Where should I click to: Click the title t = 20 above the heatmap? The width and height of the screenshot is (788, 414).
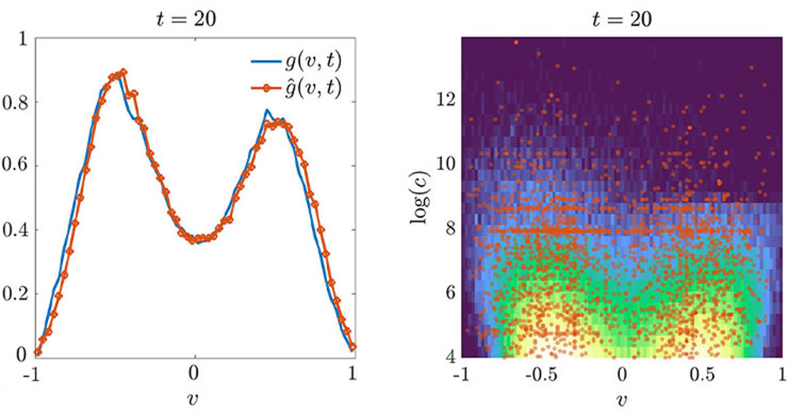coord(622,20)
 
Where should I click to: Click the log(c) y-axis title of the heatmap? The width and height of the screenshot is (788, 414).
coord(418,197)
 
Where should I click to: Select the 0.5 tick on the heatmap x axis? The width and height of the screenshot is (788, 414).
coord(701,374)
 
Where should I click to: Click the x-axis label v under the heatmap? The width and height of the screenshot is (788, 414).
coord(622,398)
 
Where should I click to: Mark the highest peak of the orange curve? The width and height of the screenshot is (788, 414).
coord(122,72)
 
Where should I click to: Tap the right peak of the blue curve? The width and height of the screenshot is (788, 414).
coord(267,110)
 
